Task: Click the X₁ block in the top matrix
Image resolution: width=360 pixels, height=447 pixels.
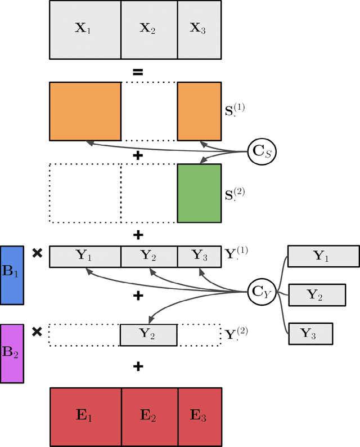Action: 85,30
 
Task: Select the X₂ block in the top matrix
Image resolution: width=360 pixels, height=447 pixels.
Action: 149,30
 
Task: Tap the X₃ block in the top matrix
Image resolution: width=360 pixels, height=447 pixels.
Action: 199,30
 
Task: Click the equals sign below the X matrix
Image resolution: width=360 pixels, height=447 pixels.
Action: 137,71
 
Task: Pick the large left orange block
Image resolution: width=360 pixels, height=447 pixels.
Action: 85,111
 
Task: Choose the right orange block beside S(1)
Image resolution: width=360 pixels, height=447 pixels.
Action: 199,111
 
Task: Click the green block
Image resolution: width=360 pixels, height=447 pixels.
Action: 199,193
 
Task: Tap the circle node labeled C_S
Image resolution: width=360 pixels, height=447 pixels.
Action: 260,151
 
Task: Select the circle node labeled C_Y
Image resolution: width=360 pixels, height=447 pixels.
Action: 260,291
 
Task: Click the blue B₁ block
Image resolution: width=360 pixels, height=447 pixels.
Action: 12,275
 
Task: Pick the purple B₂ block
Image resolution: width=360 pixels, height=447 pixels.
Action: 12,353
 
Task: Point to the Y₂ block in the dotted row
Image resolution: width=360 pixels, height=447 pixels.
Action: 148,334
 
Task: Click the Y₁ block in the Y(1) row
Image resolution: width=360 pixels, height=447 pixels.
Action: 85,257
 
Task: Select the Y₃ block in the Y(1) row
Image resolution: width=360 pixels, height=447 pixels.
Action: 199,257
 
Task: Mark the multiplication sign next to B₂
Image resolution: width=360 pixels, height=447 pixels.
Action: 37,332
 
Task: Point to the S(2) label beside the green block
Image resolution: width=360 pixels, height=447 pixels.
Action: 235,194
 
